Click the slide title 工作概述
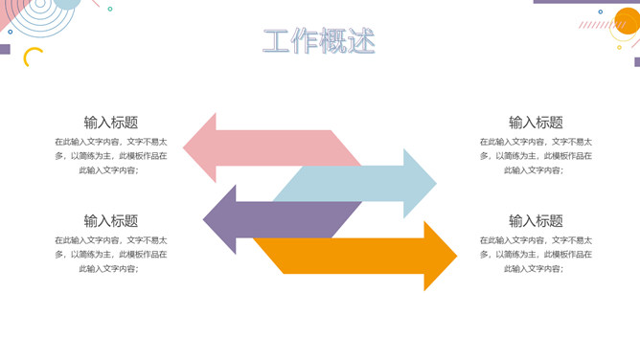[319, 41]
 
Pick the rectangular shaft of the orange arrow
[345, 256]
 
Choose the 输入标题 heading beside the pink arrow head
[111, 123]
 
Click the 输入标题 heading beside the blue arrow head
[536, 123]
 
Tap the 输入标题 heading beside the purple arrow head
[111, 221]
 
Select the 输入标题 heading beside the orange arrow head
[536, 221]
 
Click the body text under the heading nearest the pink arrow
[111, 155]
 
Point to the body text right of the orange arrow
[536, 254]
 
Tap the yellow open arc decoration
[32, 57]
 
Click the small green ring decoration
[110, 9]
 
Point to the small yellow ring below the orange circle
[619, 47]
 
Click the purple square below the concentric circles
[5, 49]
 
